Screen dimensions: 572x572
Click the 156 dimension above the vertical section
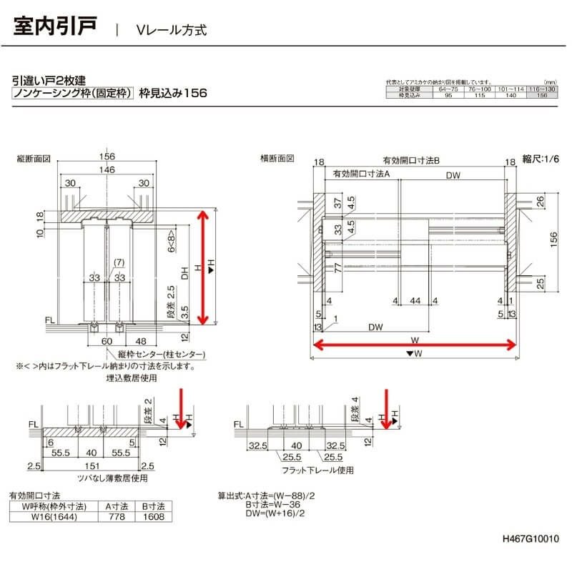coord(107,157)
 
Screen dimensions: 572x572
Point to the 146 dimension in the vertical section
coord(107,169)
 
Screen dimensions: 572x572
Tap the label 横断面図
coord(276,159)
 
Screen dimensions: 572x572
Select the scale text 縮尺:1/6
coord(542,159)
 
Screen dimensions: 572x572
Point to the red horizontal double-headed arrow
coord(414,346)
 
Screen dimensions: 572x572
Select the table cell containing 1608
coord(153,516)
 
